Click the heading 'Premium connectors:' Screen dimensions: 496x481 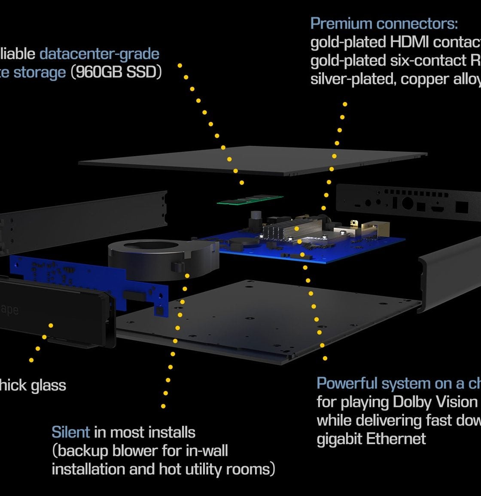(384, 23)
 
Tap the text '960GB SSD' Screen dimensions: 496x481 (116, 72)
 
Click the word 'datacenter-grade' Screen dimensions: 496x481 (99, 54)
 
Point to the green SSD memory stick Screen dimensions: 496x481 (250, 200)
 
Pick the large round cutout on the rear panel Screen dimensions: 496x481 (407, 204)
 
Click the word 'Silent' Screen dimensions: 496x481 (70, 432)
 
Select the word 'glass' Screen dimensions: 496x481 (49, 385)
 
